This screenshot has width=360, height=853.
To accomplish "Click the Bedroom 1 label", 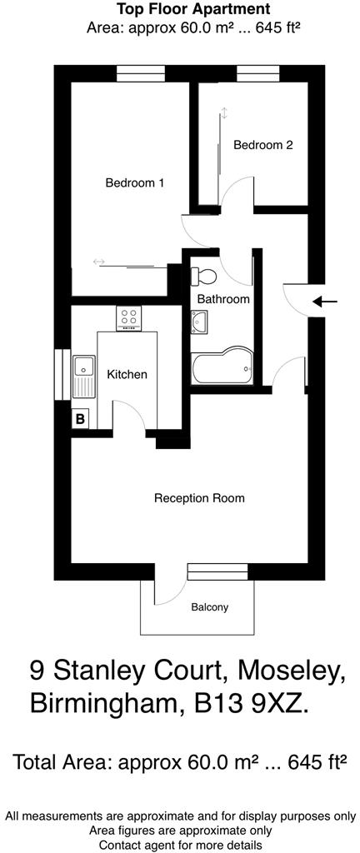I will pyautogui.click(x=134, y=183).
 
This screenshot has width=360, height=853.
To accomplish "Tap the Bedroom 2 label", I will pyautogui.click(x=262, y=145).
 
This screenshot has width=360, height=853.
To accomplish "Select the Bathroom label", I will pyautogui.click(x=222, y=298).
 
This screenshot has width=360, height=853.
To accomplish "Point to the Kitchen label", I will pyautogui.click(x=127, y=374).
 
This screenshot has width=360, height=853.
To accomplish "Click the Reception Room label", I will pyautogui.click(x=199, y=498).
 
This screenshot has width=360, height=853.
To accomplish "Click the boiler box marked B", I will pyautogui.click(x=80, y=419).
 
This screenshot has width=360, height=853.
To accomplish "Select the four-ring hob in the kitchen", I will pyautogui.click(x=129, y=317).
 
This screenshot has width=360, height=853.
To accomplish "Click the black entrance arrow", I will pyautogui.click(x=327, y=302).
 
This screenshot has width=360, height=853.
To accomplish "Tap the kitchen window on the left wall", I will pyautogui.click(x=58, y=374).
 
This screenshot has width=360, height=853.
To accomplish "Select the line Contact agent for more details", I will pyautogui.click(x=181, y=845).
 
